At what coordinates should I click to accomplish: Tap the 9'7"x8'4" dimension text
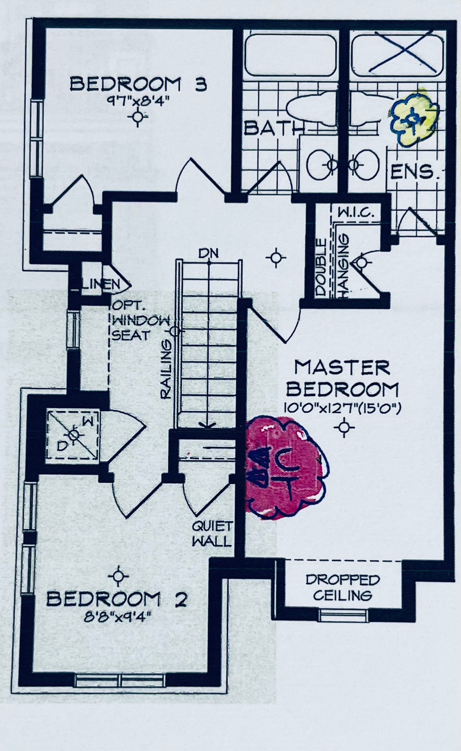138,102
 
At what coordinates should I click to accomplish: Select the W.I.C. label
356,213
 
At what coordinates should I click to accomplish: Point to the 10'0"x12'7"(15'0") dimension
342,409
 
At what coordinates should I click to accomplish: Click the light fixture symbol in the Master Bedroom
344,427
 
